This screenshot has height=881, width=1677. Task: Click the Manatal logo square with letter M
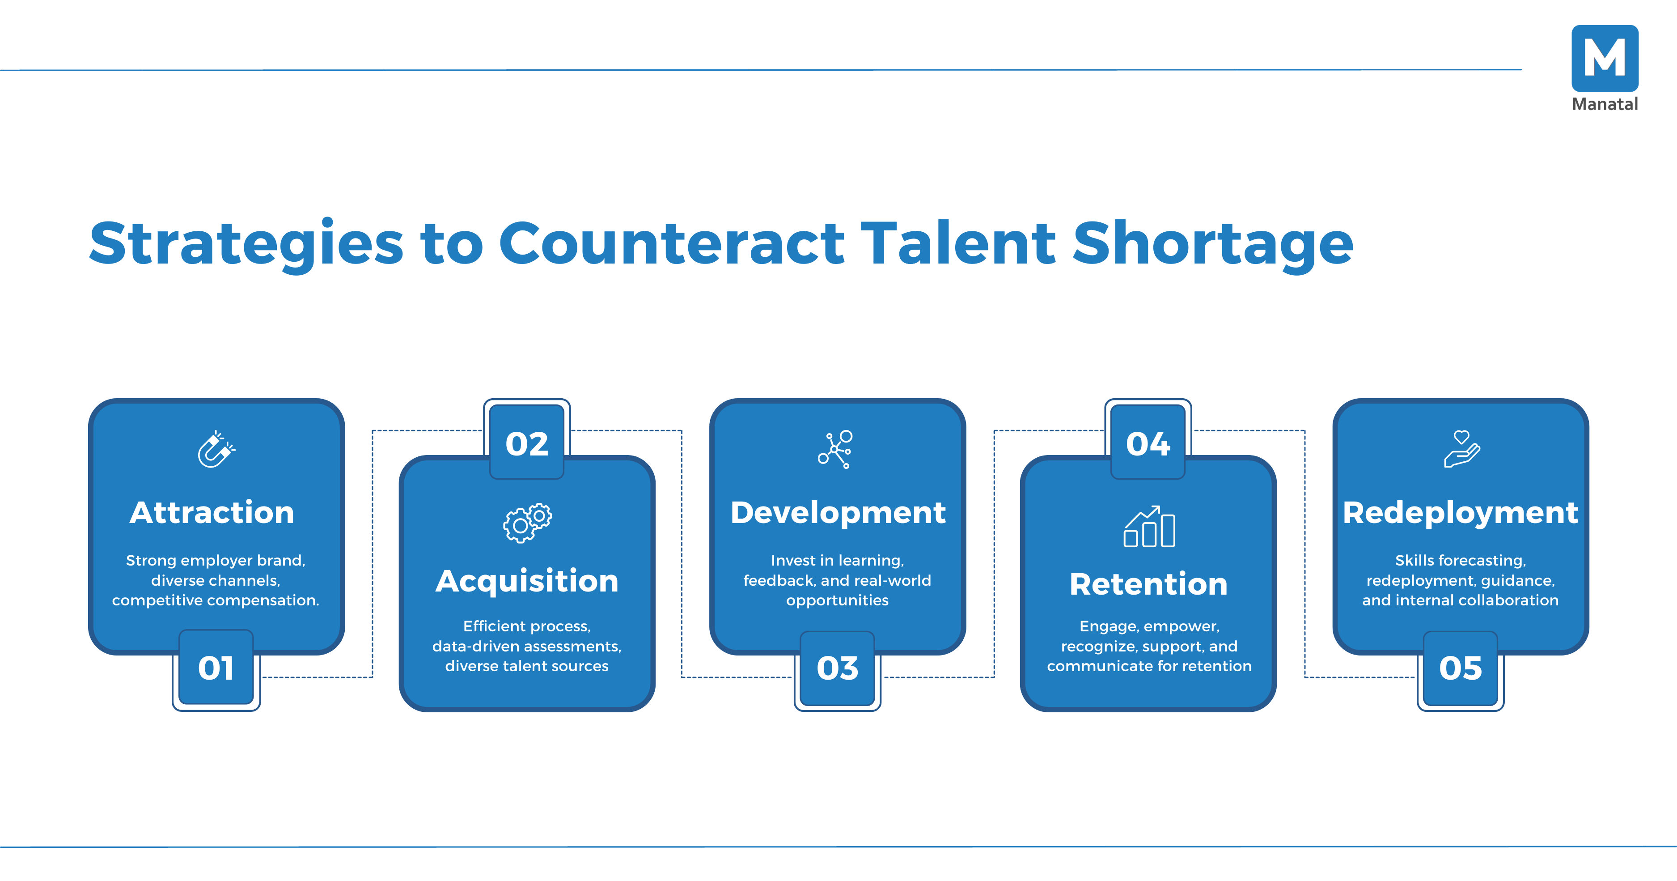tap(1604, 58)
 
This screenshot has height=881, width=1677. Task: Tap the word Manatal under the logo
tap(1604, 104)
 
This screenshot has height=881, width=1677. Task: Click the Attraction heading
tap(212, 512)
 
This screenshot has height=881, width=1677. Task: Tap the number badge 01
tap(216, 668)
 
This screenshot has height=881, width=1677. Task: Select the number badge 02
tap(527, 443)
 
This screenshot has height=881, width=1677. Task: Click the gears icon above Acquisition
tap(527, 523)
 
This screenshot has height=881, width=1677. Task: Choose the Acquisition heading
tap(527, 581)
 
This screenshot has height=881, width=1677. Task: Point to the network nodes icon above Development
tap(836, 449)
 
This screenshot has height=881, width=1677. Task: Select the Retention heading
tap(1148, 584)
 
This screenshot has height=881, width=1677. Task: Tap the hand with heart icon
tap(1461, 449)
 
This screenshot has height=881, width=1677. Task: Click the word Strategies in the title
tap(247, 245)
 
